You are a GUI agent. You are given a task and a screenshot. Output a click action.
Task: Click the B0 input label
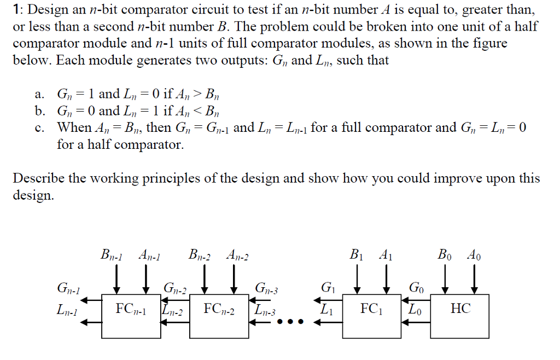click(445, 254)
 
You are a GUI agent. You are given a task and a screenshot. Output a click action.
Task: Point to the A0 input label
click(474, 254)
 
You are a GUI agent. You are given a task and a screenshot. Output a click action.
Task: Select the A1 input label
click(386, 254)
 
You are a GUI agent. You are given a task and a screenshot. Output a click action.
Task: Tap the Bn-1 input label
click(111, 254)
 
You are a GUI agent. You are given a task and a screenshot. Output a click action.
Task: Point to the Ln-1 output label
click(67, 311)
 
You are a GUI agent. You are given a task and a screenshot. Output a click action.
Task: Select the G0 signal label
click(416, 288)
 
